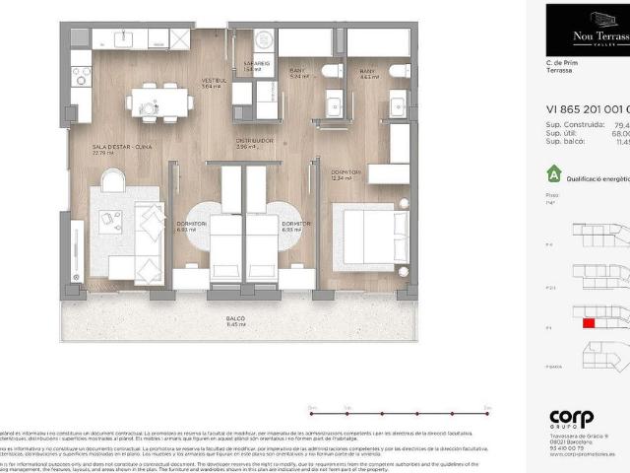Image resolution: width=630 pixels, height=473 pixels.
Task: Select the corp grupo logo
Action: (572, 418)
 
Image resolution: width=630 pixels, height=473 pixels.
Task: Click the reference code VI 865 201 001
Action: (587, 110)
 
